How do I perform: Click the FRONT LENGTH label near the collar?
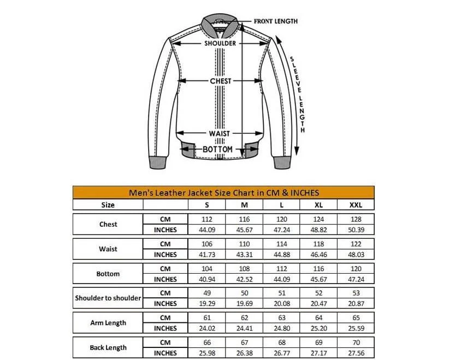coord(276,21)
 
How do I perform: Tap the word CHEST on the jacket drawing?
coord(221,81)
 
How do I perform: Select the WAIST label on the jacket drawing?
coord(219,133)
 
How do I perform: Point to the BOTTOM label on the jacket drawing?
coord(218,149)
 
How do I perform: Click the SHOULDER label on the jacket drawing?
coord(220,43)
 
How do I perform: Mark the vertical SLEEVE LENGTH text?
coord(298,94)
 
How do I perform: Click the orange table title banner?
coord(224,192)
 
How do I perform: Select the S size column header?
coord(206,205)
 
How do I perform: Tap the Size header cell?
coord(108,205)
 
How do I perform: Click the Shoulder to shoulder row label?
coord(108,298)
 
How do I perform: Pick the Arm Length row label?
coord(108,323)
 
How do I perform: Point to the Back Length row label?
coord(108,347)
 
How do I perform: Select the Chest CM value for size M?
coord(244,219)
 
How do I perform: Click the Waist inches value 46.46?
coord(319,255)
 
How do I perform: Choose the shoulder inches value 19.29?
coord(206,304)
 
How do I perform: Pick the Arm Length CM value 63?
coord(281,318)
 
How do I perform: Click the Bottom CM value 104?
coord(206,269)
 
